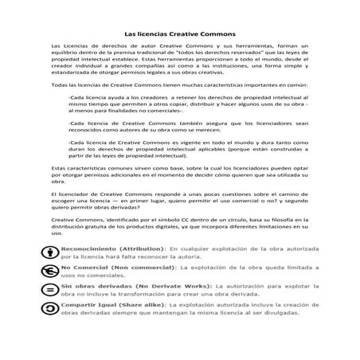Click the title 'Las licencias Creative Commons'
pyautogui.click(x=179, y=35)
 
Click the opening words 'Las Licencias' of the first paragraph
pyautogui.click(x=70, y=49)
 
